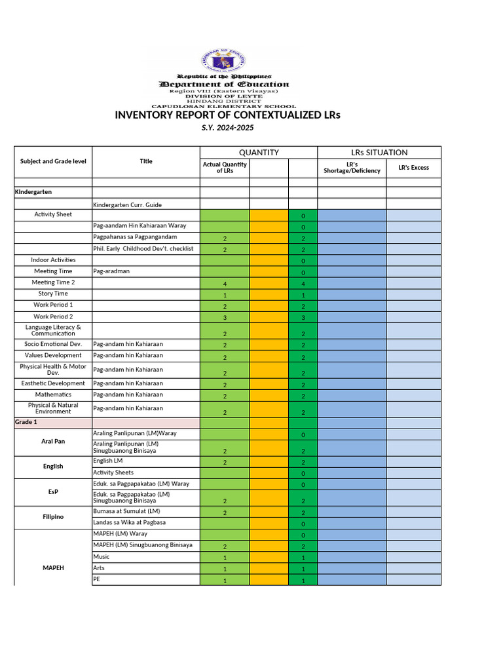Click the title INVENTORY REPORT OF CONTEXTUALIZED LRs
pos(228,115)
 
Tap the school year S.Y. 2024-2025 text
pos(227,128)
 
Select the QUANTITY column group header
pos(258,153)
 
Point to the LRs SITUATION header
pos(379,153)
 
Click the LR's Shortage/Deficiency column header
pos(352,168)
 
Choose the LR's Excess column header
pos(413,168)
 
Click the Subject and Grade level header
pos(53,161)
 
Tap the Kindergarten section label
pos(33,192)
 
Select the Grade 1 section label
pos(26,422)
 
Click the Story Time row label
pos(53,294)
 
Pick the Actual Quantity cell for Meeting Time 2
pos(225,284)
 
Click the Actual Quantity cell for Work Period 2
pos(225,318)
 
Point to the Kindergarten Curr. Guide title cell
pos(128,205)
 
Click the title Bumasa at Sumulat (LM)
pos(126,511)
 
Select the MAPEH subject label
pos(53,568)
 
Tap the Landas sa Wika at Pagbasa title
pos(131,522)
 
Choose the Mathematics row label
pos(53,394)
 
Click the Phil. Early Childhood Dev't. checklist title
pos(143,248)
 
